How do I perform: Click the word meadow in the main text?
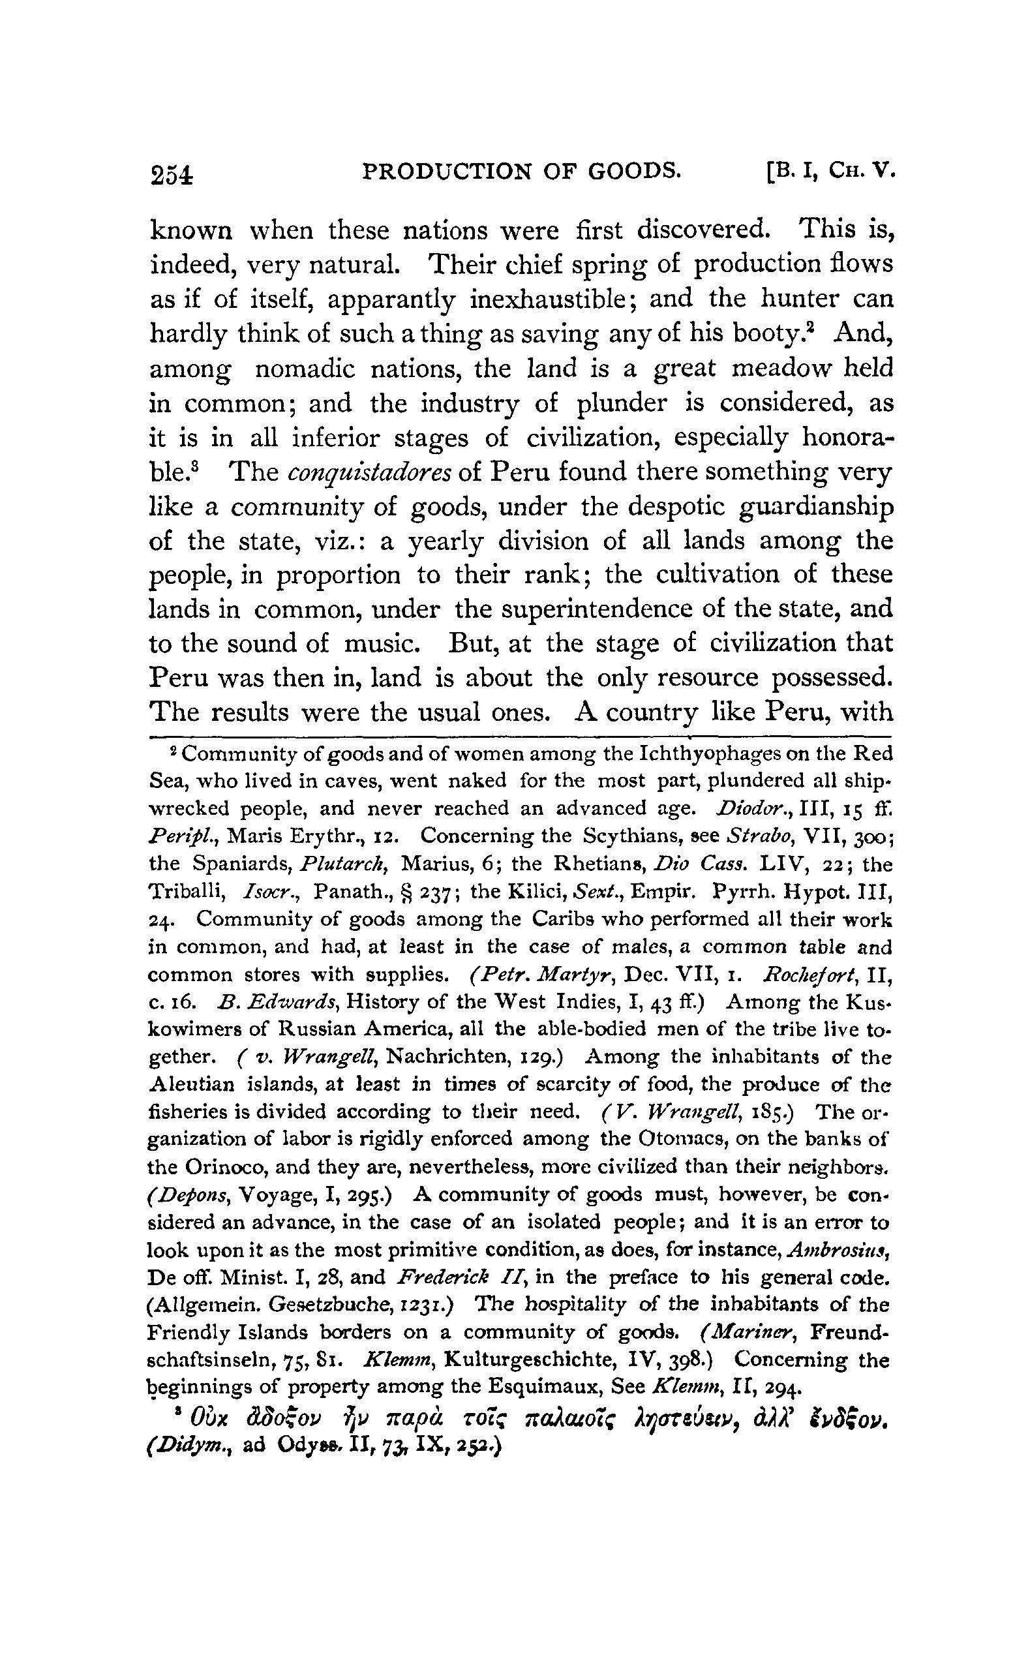coord(779,369)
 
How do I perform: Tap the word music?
coord(384,643)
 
